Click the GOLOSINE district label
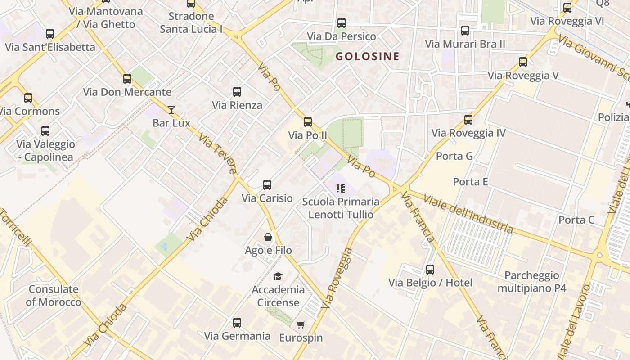pyautogui.click(x=367, y=56)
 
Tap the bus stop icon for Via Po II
pyautogui.click(x=308, y=122)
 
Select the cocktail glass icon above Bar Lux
pyautogui.click(x=171, y=109)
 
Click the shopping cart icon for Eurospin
pyautogui.click(x=301, y=324)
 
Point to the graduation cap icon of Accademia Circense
pyautogui.click(x=278, y=276)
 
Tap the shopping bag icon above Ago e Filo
pyautogui.click(x=268, y=237)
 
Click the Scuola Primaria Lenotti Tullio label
pyautogui.click(x=341, y=208)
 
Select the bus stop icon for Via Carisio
pyautogui.click(x=267, y=185)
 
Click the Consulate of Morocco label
pyautogui.click(x=53, y=295)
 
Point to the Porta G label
pyautogui.click(x=454, y=156)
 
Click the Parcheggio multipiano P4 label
pyautogui.click(x=531, y=282)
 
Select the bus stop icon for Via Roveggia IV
pyautogui.click(x=468, y=120)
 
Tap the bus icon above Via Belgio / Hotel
pyautogui.click(x=430, y=270)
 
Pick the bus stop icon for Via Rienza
pyautogui.click(x=237, y=92)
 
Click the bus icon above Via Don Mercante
pyautogui.click(x=127, y=79)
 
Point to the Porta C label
pyautogui.click(x=576, y=220)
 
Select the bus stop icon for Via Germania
pyautogui.click(x=237, y=323)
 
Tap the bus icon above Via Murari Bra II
pyautogui.click(x=465, y=31)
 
